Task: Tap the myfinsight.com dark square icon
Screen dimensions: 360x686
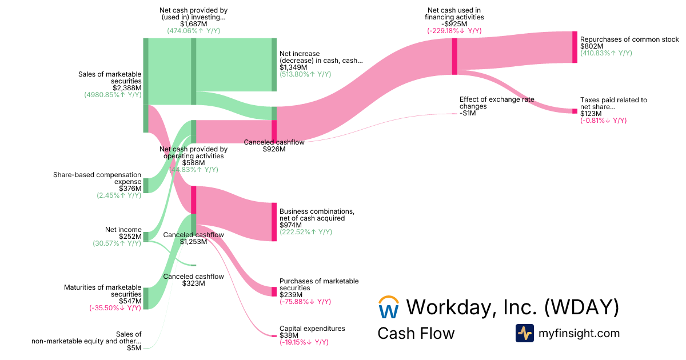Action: coord(524,333)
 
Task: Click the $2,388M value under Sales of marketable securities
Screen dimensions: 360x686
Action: coord(127,88)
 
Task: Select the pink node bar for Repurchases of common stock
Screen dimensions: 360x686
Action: coord(575,47)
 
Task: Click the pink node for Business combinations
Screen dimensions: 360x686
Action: coord(274,222)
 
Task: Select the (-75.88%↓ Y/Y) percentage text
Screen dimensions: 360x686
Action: coord(305,302)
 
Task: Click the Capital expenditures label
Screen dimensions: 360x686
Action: coord(312,329)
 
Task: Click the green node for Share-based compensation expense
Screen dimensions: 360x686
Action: coord(146,185)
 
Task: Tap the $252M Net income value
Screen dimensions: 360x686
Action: coord(130,237)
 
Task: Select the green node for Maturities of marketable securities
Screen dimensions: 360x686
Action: coord(146,298)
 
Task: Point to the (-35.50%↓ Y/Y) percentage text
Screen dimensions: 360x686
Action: coord(115,308)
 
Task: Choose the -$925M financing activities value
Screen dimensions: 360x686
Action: coord(454,24)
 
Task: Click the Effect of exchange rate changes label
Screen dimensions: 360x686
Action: coord(497,103)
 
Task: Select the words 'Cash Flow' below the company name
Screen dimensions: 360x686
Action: coord(416,333)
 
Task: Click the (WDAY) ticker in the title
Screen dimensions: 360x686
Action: coord(581,307)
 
